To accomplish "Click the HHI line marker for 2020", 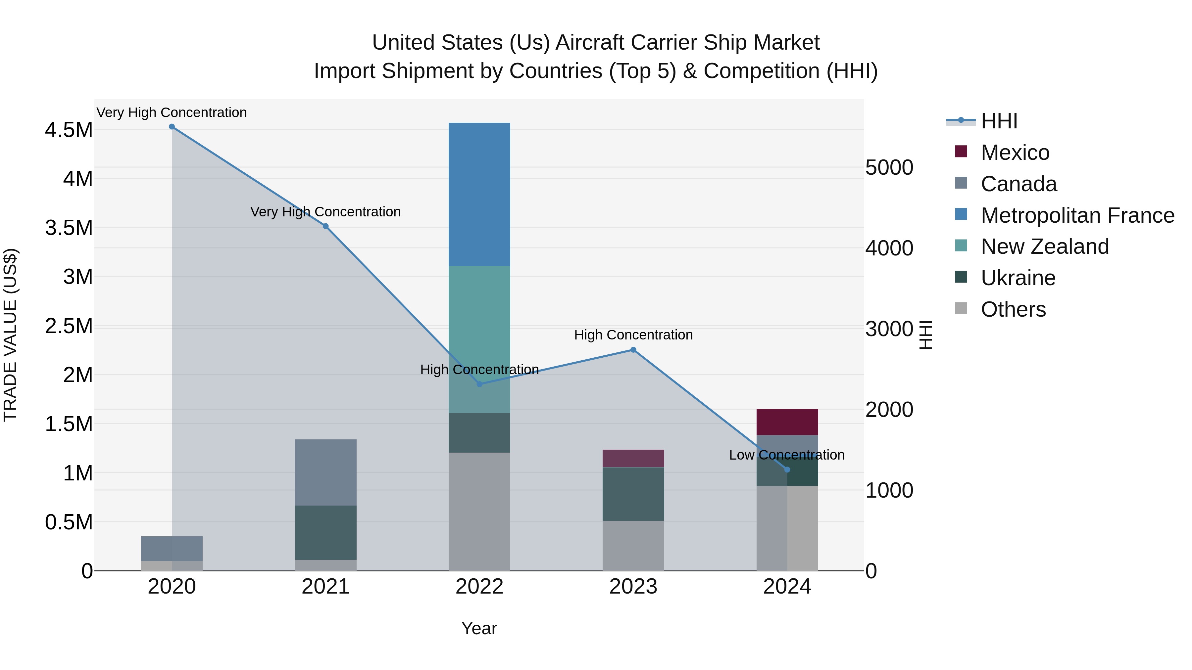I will pyautogui.click(x=172, y=127).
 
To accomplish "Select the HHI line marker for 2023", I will pyautogui.click(x=633, y=350).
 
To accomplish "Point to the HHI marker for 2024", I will pyautogui.click(x=787, y=470).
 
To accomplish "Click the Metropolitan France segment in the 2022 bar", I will pyautogui.click(x=479, y=194).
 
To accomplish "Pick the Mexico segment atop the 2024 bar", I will pyautogui.click(x=787, y=422).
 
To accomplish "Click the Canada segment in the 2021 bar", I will pyautogui.click(x=326, y=472).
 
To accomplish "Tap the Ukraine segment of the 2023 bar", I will pyautogui.click(x=633, y=494).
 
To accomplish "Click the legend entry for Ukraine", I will pyautogui.click(x=1018, y=278).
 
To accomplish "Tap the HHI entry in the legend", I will pyautogui.click(x=999, y=121).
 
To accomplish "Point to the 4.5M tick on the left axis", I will pyautogui.click(x=69, y=130).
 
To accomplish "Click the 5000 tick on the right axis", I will pyautogui.click(x=889, y=167).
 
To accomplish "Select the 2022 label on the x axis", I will pyautogui.click(x=479, y=587).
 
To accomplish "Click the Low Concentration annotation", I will pyautogui.click(x=787, y=455).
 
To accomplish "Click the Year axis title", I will pyautogui.click(x=479, y=628).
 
